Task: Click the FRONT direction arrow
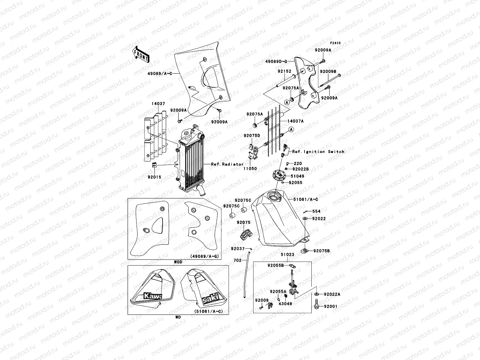click(x=141, y=54)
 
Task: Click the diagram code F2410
click(x=336, y=43)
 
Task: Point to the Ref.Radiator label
click(x=223, y=164)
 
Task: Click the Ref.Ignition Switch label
click(x=318, y=151)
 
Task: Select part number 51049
click(x=297, y=176)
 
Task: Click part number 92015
click(x=154, y=177)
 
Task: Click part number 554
click(x=316, y=211)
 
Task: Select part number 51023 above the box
click(x=287, y=255)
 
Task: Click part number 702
click(x=238, y=261)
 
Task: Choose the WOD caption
click(x=178, y=262)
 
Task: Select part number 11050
click(x=250, y=169)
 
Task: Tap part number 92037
click(x=238, y=248)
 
